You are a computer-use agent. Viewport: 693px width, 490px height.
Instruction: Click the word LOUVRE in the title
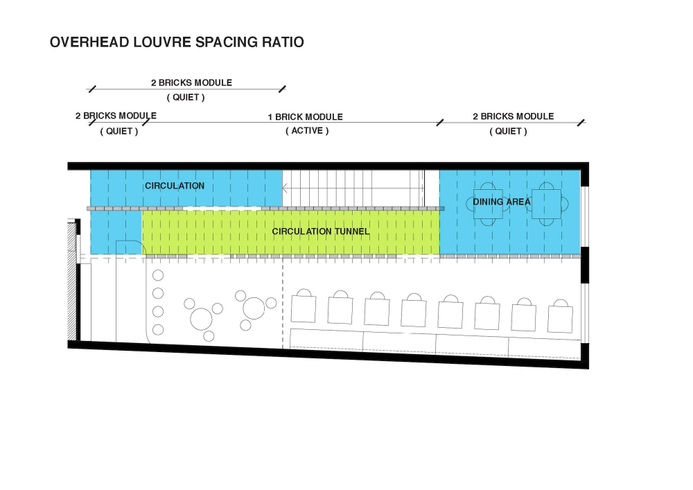(x=162, y=42)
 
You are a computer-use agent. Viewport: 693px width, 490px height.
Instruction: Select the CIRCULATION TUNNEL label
(x=320, y=231)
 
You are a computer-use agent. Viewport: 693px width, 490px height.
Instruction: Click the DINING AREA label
(x=502, y=202)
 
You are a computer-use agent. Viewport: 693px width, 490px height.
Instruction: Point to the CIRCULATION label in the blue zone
(x=175, y=186)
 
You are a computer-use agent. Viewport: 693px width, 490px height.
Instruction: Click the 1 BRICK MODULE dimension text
(x=306, y=117)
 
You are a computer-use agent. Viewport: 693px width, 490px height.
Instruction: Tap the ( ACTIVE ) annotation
(x=307, y=131)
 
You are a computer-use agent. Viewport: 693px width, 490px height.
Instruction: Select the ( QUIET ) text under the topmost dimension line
(x=186, y=97)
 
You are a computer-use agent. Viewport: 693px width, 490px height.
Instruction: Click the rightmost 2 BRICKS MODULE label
(x=513, y=116)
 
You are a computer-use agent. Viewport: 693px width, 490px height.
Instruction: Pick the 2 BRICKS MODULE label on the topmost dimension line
(x=191, y=82)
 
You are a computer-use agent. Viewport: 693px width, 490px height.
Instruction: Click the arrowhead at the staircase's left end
(x=285, y=189)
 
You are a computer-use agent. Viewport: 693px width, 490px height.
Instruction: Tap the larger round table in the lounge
(x=201, y=319)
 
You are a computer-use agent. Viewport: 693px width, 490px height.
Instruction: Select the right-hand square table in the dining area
(x=546, y=204)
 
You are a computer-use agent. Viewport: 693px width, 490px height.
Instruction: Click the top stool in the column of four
(x=158, y=276)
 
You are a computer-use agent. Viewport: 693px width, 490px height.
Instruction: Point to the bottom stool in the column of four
(x=158, y=330)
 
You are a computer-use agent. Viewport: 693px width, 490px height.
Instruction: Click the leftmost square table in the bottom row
(x=304, y=309)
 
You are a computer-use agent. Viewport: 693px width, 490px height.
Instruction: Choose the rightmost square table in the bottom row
(x=560, y=319)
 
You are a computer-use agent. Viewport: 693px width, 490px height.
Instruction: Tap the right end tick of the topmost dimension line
(x=283, y=89)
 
